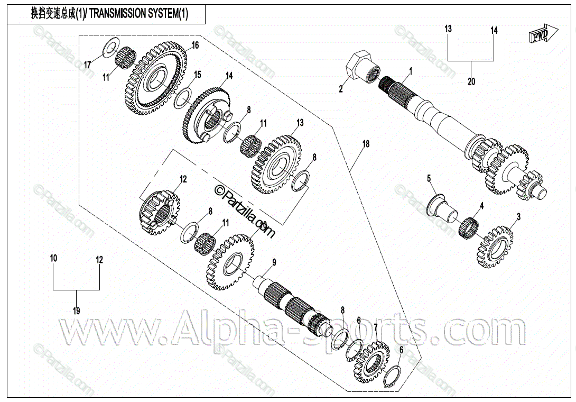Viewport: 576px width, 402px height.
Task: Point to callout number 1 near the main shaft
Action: click(410, 70)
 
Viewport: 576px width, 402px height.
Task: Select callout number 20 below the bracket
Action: click(471, 81)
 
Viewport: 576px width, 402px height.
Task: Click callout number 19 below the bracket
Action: click(76, 310)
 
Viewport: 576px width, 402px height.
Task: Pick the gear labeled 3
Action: click(496, 246)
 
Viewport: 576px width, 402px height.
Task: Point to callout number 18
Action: click(365, 143)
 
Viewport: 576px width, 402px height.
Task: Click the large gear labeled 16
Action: click(156, 79)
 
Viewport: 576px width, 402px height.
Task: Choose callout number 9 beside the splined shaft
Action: click(274, 262)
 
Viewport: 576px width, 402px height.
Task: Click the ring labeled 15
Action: click(182, 97)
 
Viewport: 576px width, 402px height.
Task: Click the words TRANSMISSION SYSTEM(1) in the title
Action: click(138, 14)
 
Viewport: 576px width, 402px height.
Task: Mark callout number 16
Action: click(195, 45)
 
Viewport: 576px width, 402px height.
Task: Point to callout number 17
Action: click(88, 65)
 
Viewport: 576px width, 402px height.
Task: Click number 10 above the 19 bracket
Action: click(53, 259)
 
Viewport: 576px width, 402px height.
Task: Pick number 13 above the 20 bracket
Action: click(448, 29)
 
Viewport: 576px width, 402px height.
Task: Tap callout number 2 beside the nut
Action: click(341, 89)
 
